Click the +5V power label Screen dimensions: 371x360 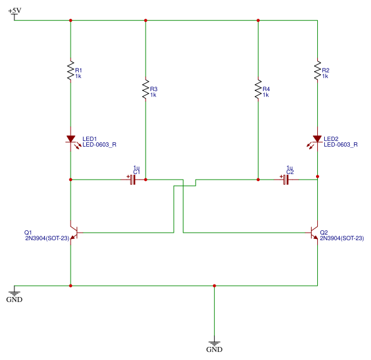14,11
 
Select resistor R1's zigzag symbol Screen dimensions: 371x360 71,71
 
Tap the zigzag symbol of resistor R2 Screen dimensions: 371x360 317,71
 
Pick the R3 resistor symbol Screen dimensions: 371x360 146,89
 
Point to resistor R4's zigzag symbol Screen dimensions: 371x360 258,89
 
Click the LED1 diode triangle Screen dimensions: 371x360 71,139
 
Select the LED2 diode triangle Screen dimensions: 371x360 317,139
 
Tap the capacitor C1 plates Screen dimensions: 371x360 133,180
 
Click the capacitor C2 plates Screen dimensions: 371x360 286,180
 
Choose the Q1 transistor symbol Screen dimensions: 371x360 74,233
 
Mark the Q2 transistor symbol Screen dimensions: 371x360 314,233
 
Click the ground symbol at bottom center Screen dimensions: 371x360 214,343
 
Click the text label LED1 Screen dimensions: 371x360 89,139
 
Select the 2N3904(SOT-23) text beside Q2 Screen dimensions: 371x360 342,238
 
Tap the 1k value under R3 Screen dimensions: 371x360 153,95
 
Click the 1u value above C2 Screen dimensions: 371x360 289,168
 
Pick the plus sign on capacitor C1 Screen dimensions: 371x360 128,177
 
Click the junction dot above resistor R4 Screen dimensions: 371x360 258,21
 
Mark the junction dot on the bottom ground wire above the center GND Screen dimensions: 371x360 214,286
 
